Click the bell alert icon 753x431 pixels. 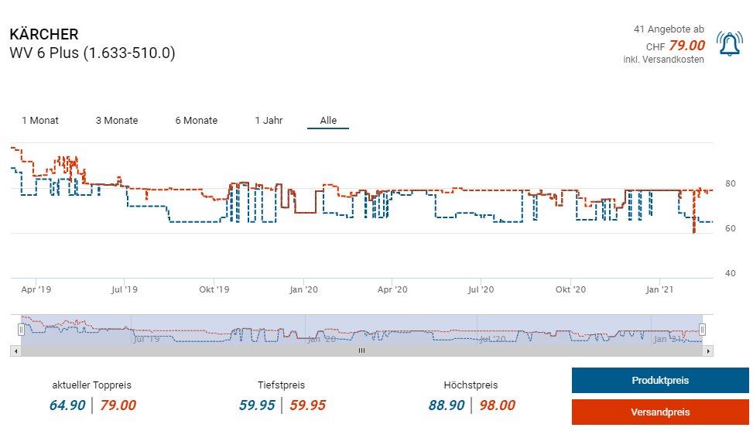click(728, 45)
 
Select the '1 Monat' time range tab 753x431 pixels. click(40, 121)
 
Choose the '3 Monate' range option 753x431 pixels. click(117, 121)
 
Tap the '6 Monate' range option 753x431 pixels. click(196, 121)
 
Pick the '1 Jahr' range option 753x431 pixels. click(269, 121)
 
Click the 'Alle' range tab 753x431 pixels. click(328, 121)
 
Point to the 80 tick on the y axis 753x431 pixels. click(730, 183)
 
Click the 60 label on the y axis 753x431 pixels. click(730, 228)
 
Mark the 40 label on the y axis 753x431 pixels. click(730, 273)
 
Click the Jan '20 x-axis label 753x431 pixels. click(303, 289)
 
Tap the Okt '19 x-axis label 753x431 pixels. click(214, 289)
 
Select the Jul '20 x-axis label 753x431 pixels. click(481, 289)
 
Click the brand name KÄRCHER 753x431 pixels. click(44, 35)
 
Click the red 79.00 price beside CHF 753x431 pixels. click(687, 46)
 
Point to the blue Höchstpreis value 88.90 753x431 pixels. click(447, 405)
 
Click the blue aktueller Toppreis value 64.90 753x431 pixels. click(67, 405)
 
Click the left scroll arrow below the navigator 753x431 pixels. click(15, 351)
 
